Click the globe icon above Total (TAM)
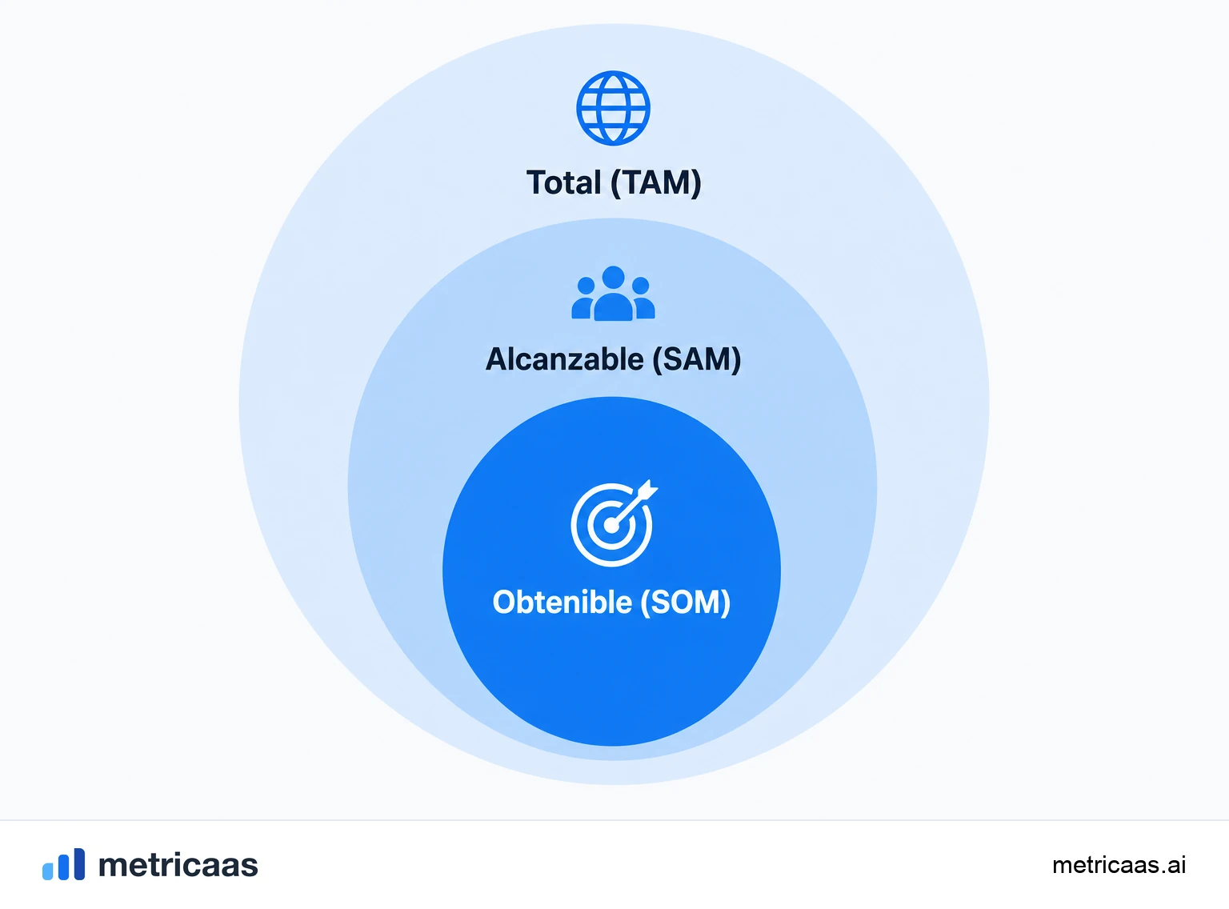(613, 108)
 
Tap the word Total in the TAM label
(563, 182)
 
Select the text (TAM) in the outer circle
(656, 183)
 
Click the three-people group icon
(613, 293)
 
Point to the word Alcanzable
(565, 359)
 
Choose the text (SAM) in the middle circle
(696, 360)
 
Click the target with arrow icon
(614, 523)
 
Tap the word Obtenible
(562, 602)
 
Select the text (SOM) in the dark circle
(686, 603)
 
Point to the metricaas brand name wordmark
(178, 865)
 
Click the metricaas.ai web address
(1119, 865)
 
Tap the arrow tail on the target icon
(647, 489)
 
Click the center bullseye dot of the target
(610, 525)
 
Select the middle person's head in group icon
(613, 277)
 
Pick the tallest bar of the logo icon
(79, 863)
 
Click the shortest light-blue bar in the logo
(48, 871)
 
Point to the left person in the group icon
(584, 298)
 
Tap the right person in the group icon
(643, 298)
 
